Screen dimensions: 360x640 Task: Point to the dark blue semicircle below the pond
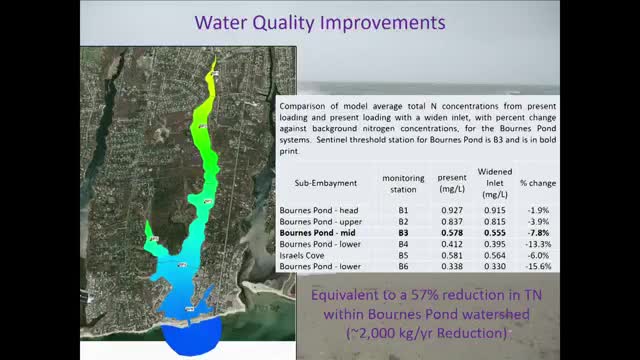(x=189, y=341)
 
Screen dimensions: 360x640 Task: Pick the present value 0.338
(x=452, y=266)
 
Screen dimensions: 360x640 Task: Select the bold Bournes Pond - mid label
(x=318, y=232)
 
